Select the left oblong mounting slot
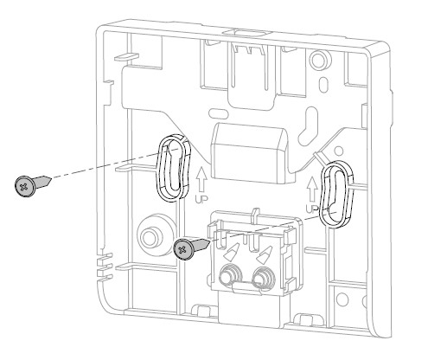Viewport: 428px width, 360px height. tap(172, 165)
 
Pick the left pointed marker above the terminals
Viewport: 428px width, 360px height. tap(230, 252)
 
